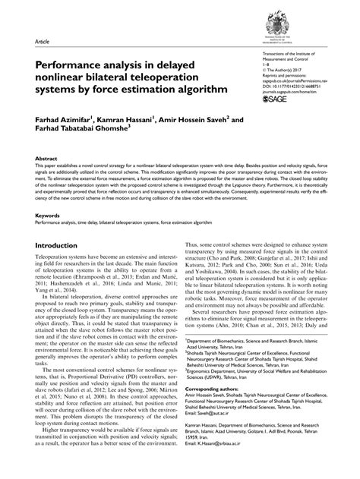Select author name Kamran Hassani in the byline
click(123, 119)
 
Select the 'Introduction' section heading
click(67, 247)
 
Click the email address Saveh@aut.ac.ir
click(223, 423)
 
